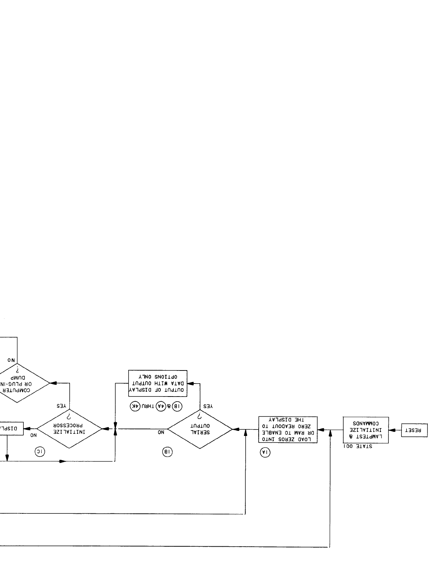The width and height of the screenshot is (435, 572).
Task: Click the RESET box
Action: pyautogui.click(x=414, y=431)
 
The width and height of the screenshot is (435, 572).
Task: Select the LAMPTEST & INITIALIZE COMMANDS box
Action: pyautogui.click(x=365, y=430)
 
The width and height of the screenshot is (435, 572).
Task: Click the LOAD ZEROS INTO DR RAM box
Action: pyautogui.click(x=288, y=429)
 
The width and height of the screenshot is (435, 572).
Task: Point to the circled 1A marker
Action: pyautogui.click(x=265, y=453)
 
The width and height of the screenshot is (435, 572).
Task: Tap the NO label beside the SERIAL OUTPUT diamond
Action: pyautogui.click(x=161, y=432)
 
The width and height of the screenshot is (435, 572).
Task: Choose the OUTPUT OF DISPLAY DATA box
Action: pyautogui.click(x=158, y=383)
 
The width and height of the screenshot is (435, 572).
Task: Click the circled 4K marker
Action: pyautogui.click(x=135, y=406)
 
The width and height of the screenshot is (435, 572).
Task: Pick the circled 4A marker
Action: pyautogui.click(x=160, y=406)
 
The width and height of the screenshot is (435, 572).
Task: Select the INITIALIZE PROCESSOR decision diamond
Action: pyautogui.click(x=69, y=429)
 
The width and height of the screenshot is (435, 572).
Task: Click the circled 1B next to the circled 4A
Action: pyautogui.click(x=177, y=406)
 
